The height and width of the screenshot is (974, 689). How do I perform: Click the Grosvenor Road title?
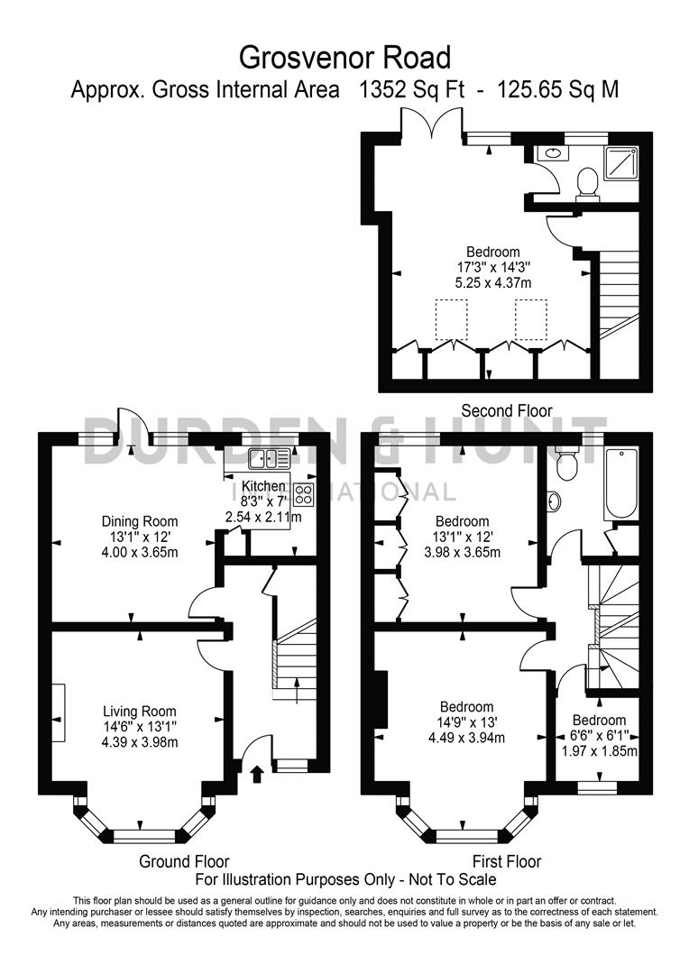344,59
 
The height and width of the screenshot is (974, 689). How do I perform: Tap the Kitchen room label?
262,486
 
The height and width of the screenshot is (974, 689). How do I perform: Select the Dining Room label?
140,521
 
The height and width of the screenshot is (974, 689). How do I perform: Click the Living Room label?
139,712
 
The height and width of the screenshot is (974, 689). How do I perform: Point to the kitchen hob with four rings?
304,494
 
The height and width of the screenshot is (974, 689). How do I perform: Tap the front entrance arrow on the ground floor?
256,772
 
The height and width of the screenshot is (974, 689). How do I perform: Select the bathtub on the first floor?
620,483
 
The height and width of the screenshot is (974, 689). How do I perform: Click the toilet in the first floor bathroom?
567,464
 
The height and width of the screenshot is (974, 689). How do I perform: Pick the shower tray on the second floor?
622,163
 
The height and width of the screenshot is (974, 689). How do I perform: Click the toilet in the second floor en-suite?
587,182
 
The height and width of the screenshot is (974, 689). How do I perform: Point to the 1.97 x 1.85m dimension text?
600,751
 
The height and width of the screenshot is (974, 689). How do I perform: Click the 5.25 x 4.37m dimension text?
492,282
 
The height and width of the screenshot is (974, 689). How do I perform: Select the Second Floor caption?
506,410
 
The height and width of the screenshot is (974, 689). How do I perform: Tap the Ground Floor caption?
184,861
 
